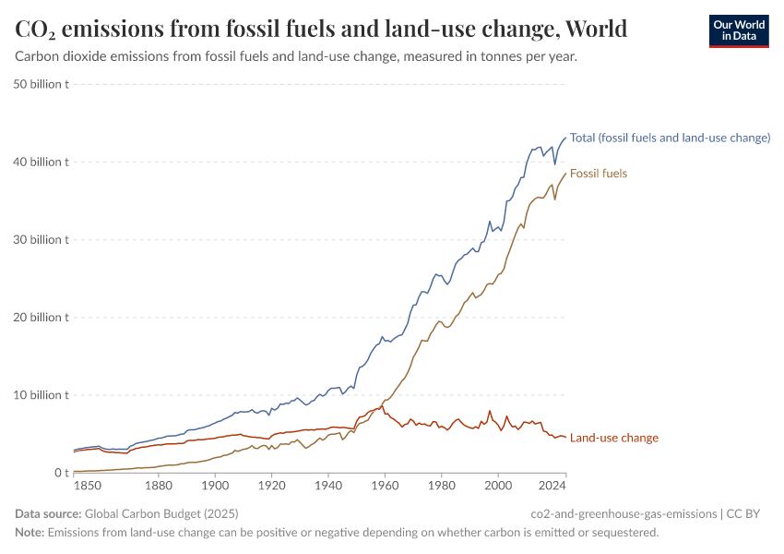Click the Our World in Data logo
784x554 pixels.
click(x=738, y=30)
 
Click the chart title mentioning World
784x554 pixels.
click(x=322, y=29)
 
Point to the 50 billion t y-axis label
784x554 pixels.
click(x=42, y=84)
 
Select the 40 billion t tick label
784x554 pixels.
click(x=42, y=162)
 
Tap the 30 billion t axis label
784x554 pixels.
click(x=42, y=239)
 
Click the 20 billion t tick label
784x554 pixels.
click(x=42, y=317)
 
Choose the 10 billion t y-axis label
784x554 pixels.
click(x=42, y=394)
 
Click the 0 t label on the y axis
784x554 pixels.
click(x=59, y=473)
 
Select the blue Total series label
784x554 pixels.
click(x=670, y=138)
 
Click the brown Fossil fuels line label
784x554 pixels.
click(x=599, y=174)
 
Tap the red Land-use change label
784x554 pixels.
click(x=614, y=438)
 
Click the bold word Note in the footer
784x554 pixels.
click(x=29, y=532)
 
